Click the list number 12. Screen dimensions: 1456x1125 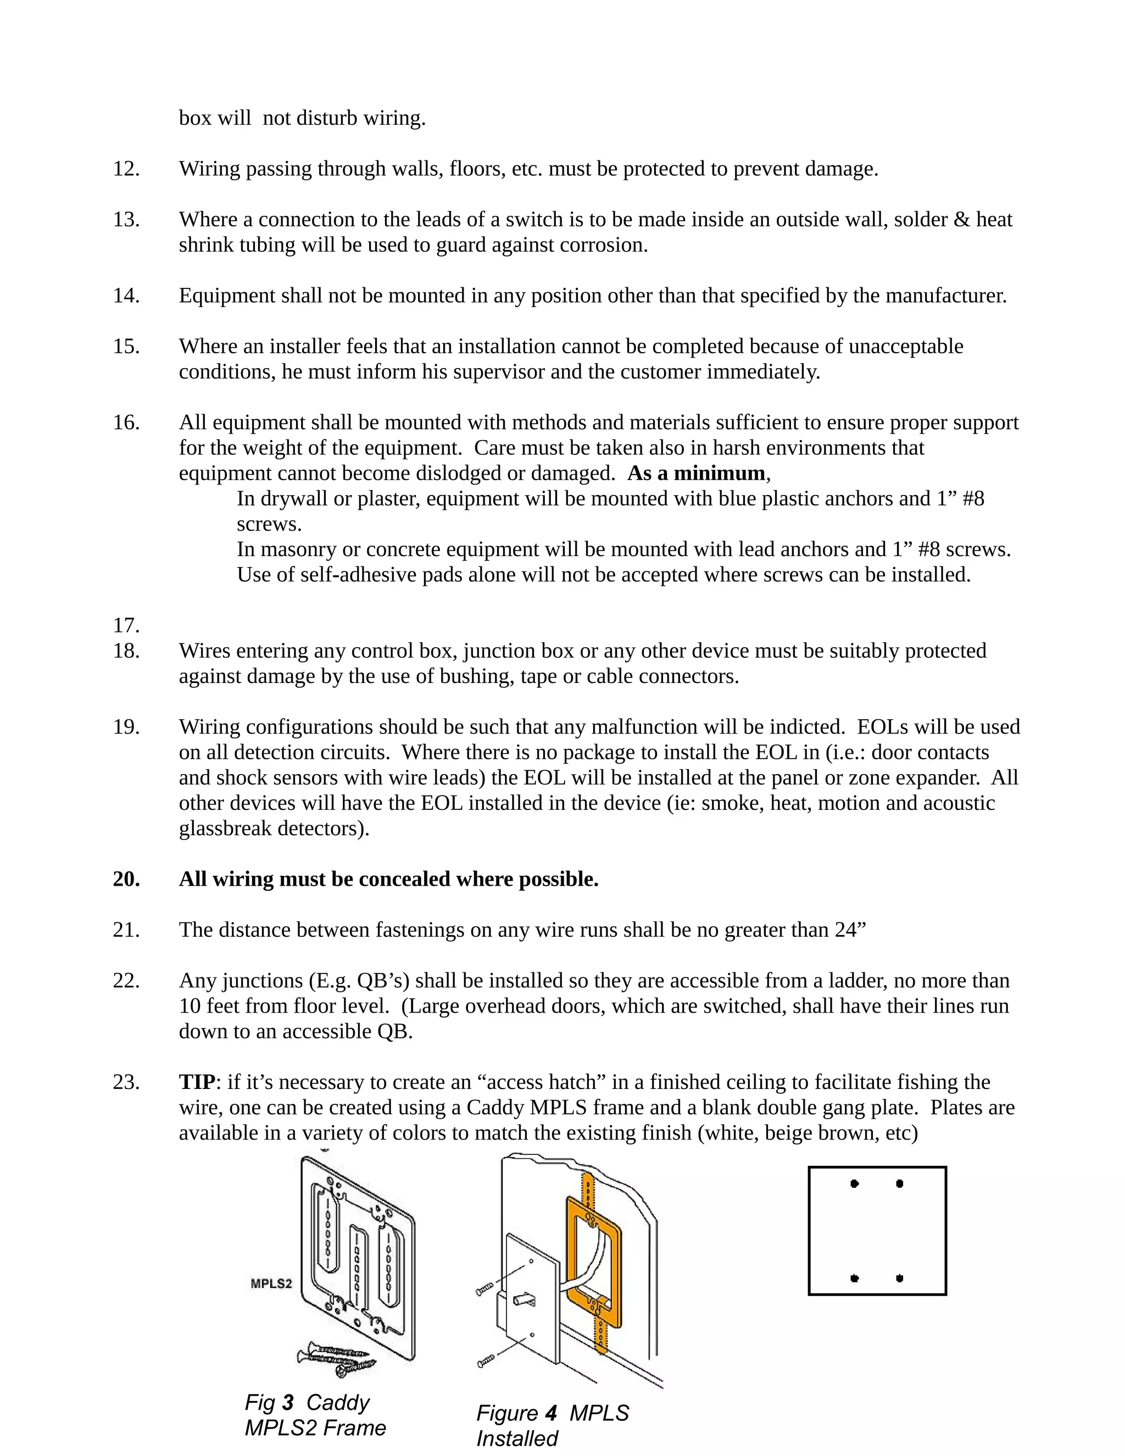coord(126,169)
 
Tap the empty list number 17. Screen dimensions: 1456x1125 coord(126,625)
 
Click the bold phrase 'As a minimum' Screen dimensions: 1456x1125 coord(697,473)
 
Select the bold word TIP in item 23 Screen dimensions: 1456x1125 coord(197,1082)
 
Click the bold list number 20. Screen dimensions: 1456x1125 coord(126,879)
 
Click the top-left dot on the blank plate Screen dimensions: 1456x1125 coord(854,1184)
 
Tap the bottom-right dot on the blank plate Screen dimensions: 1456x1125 coord(900,1279)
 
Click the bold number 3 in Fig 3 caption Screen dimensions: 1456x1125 coord(288,1403)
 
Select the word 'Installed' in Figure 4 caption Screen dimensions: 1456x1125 coord(517,1438)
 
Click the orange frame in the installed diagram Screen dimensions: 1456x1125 coord(571,1247)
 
